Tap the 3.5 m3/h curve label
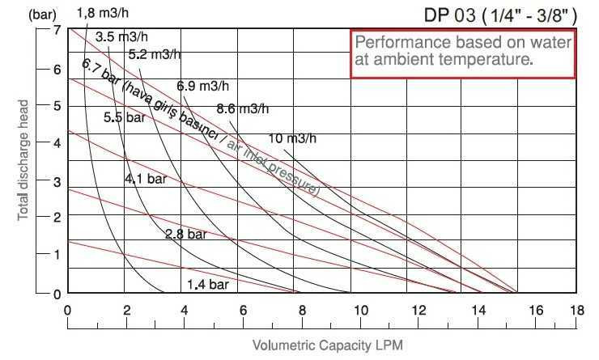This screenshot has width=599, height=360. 122,36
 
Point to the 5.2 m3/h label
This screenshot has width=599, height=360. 155,55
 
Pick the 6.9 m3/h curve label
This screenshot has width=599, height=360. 203,86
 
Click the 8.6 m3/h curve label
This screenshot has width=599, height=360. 243,109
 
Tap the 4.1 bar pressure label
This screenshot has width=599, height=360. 145,179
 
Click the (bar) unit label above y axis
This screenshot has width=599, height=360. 23,13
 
